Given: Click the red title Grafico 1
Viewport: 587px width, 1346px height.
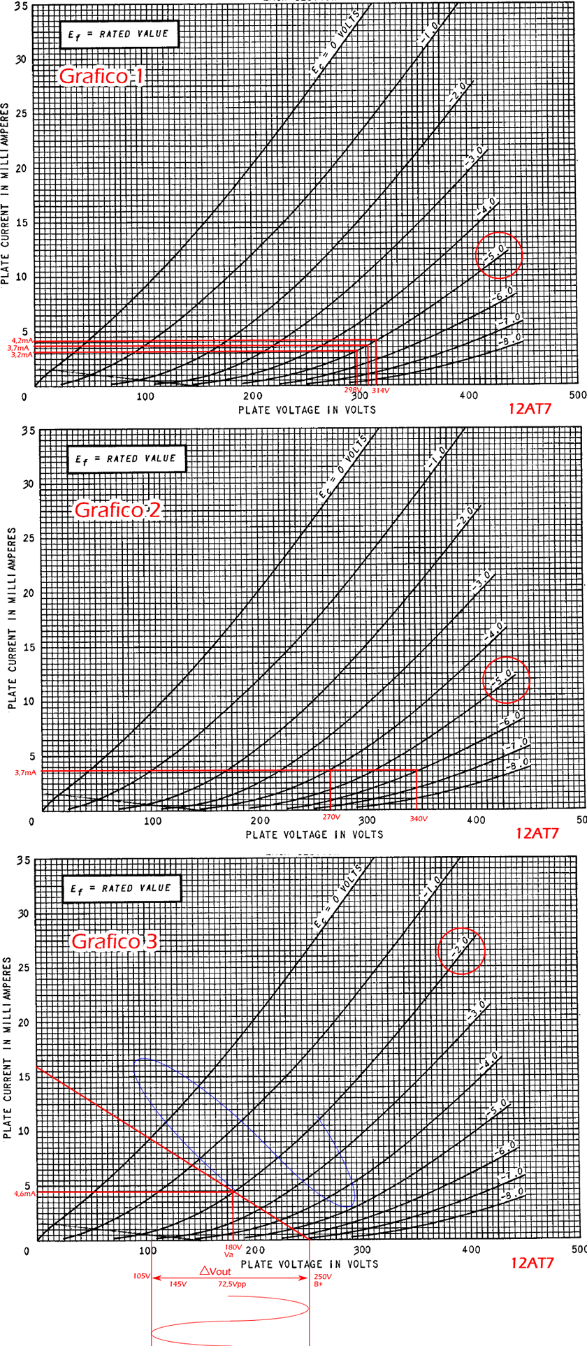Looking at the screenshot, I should (x=101, y=75).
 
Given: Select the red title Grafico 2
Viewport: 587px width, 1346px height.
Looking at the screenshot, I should (x=117, y=509).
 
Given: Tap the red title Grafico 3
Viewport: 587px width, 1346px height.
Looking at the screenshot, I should (x=115, y=941).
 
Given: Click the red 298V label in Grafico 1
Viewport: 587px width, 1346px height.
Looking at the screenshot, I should (x=353, y=390).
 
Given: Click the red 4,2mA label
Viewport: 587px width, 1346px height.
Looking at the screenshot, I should (x=21, y=340).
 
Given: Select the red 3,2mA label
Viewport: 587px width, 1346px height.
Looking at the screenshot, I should (x=21, y=355).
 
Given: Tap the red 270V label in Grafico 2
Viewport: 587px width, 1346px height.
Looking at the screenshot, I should (x=331, y=817).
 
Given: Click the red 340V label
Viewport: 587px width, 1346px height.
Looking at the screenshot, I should (x=418, y=818).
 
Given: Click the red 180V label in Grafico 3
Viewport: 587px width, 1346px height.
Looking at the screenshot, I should (x=233, y=1246).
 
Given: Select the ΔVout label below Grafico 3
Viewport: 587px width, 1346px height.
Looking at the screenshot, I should (x=215, y=1271).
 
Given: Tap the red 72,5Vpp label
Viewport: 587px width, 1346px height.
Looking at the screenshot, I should (x=232, y=1284).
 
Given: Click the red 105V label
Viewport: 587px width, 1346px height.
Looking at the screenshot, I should (x=141, y=1275).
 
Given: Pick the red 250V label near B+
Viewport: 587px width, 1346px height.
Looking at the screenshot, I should (x=323, y=1276).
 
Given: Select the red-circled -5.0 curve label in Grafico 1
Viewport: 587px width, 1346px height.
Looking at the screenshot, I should (x=498, y=255).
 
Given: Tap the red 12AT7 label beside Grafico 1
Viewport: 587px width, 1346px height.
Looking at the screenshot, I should (x=529, y=409).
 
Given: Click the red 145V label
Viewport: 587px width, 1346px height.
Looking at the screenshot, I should (x=178, y=1284).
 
